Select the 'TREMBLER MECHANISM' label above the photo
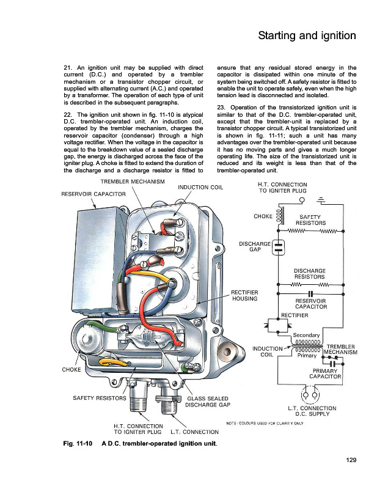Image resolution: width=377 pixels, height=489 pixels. click(132, 182)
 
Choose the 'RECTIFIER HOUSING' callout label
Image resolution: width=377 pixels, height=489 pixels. click(244, 295)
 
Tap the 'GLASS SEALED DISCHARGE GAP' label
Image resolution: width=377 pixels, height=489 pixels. click(207, 401)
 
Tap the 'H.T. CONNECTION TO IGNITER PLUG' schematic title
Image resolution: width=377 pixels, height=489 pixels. click(283, 188)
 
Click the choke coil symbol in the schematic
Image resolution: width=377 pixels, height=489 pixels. click(280, 216)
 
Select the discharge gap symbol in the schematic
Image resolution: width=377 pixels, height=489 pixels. click(279, 246)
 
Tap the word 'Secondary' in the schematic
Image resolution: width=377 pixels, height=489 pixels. click(307, 335)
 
